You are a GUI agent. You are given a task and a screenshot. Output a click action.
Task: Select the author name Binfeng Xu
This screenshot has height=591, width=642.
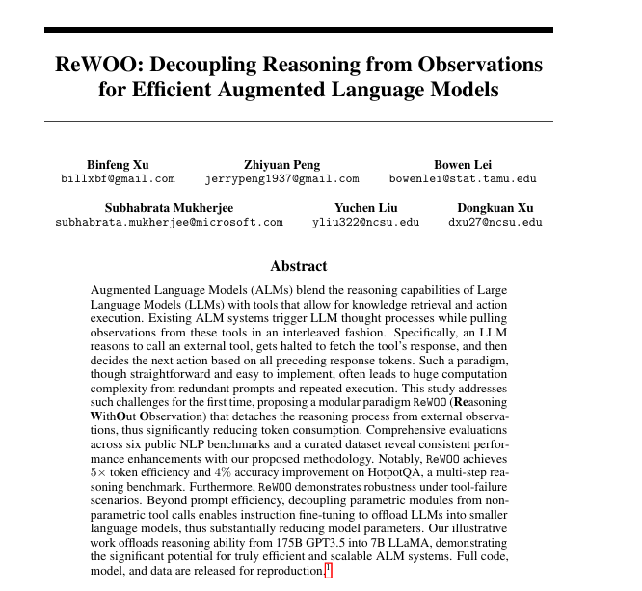pos(118,165)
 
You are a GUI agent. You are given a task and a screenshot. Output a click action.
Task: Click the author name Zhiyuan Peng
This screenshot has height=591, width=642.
pos(282,165)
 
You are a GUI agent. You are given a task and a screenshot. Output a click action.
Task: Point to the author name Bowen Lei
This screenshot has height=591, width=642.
pos(463,165)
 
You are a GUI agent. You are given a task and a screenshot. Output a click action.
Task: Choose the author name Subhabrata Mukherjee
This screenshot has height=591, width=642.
pos(169,207)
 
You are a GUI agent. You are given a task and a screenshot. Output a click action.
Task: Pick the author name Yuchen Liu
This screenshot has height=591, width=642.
pos(365,207)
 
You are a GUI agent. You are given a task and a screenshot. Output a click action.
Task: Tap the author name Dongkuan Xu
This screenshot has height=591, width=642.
pos(495,207)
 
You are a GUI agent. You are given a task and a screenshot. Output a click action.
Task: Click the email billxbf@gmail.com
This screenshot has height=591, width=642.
pos(118,179)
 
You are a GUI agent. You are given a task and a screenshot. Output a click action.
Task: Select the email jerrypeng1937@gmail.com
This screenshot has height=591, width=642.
pos(282,179)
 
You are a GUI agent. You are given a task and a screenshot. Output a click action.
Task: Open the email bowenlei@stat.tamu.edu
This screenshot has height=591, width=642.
pos(463,179)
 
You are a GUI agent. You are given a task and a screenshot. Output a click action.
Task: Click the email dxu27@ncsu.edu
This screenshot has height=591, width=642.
pos(495,222)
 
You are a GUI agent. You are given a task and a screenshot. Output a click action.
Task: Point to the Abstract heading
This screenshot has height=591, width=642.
pos(299,266)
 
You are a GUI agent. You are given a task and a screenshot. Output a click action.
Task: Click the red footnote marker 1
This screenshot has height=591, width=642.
pos(328,570)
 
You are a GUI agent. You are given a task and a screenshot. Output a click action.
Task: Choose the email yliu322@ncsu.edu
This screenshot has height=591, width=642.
pos(365,222)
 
